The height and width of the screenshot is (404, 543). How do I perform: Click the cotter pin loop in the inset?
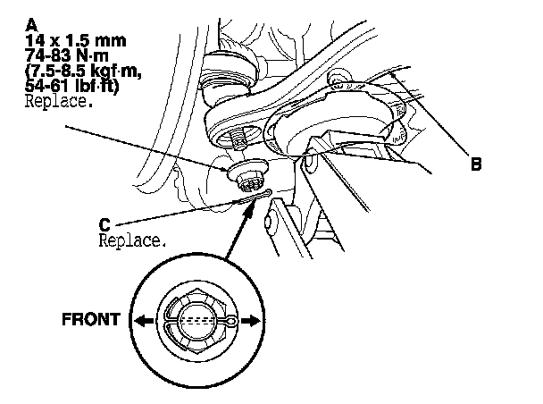(x=231, y=321)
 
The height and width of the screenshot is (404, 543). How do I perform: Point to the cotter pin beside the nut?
(x=255, y=199)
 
